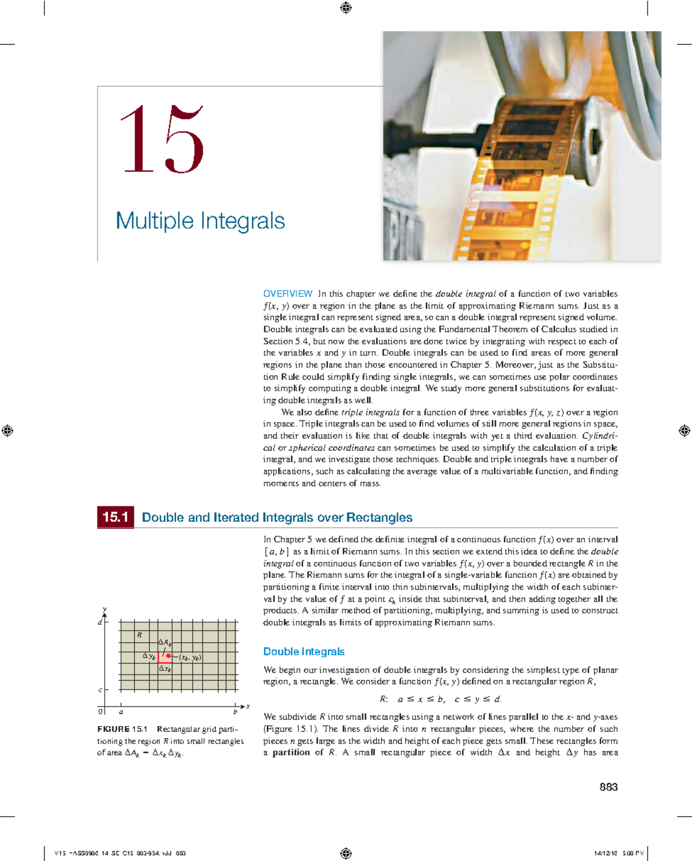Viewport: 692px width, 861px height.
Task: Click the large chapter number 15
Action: pos(161,139)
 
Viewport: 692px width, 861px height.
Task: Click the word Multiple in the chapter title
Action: pos(155,221)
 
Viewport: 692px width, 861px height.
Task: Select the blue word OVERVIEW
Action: pos(288,294)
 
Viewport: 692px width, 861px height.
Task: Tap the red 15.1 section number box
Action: pos(115,517)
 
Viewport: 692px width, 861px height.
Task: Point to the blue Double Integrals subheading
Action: pos(303,651)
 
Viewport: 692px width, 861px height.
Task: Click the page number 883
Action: pos(608,787)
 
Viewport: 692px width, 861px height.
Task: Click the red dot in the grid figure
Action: pos(168,656)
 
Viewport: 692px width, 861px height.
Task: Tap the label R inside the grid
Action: pos(140,635)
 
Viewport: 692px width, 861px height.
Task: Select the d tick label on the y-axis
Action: pos(99,622)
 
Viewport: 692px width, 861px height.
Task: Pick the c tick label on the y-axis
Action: pos(100,690)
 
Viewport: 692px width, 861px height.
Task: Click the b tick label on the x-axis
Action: pos(235,712)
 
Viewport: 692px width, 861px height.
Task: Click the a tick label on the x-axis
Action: pos(121,712)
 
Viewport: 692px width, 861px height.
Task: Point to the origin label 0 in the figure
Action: pos(101,712)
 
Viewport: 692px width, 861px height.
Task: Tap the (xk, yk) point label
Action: pos(190,657)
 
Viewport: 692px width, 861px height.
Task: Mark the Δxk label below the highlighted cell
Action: pos(165,669)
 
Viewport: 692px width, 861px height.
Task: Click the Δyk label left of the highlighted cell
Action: pos(149,656)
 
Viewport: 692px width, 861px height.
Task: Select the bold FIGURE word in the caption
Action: pos(113,729)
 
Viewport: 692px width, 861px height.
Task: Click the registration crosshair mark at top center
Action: pos(346,7)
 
